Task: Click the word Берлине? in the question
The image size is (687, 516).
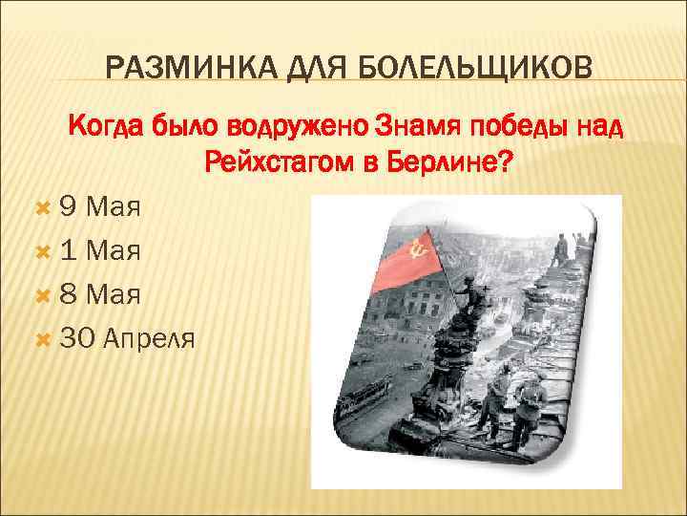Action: pyautogui.click(x=454, y=162)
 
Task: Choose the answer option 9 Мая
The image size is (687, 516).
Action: pyautogui.click(x=99, y=208)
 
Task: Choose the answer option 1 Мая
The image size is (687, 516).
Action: pyautogui.click(x=99, y=251)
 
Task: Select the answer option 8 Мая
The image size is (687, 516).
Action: pyautogui.click(x=99, y=294)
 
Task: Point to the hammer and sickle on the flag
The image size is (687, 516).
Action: pyautogui.click(x=416, y=249)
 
